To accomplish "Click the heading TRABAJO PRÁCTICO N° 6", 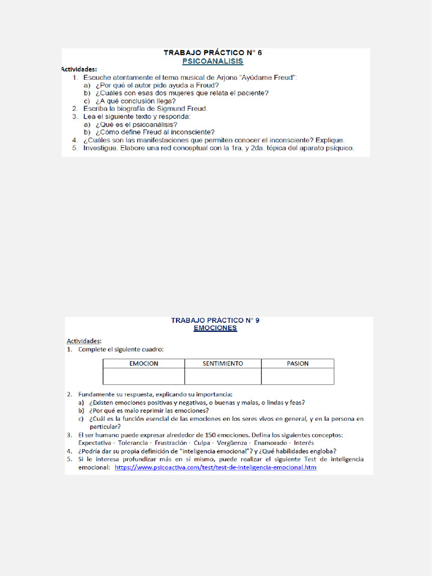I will point(213,52).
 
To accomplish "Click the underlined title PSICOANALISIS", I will point(213,60).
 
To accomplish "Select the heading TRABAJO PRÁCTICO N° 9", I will point(215,321).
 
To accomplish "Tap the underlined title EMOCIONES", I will point(215,328).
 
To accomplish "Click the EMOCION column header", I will point(144,363).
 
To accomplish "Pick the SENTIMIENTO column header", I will point(223,363).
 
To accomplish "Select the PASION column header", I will point(298,363).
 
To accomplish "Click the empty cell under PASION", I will point(298,376).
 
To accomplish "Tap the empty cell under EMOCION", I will point(144,376).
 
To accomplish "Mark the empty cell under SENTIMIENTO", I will point(223,376).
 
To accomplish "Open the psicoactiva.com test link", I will point(215,467).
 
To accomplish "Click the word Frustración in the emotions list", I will point(167,443).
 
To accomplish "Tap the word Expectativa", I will point(94,443).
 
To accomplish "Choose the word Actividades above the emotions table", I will point(84,341).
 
